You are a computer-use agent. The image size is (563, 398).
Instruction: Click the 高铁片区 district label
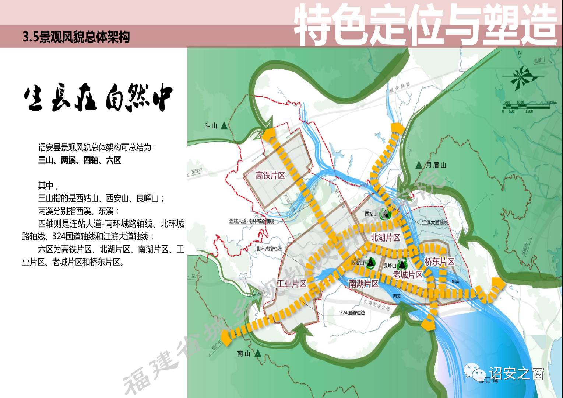tap(270, 175)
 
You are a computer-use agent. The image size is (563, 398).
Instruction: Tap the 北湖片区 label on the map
tap(385, 237)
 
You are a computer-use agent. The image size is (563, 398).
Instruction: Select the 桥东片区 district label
tap(439, 262)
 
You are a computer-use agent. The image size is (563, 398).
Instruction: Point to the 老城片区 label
tap(408, 275)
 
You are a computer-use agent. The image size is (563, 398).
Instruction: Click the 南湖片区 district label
tap(364, 283)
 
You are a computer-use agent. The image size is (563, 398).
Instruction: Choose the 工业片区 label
tap(292, 283)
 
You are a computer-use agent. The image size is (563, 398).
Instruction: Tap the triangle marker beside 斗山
tap(224, 127)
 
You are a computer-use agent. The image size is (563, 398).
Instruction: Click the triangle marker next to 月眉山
tap(419, 165)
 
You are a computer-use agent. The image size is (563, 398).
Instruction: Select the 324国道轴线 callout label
tap(352, 313)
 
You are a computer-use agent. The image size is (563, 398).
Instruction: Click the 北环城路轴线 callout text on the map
tap(268, 249)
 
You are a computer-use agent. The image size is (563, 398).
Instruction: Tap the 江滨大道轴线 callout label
tap(435, 222)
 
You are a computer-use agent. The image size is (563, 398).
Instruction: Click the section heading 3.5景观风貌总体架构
tap(76, 37)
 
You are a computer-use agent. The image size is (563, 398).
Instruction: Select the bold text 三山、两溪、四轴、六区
tap(80, 160)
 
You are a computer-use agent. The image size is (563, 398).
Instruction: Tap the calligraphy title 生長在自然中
tap(98, 98)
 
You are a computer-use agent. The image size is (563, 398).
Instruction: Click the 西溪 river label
tap(396, 296)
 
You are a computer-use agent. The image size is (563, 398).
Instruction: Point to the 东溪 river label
tap(455, 281)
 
